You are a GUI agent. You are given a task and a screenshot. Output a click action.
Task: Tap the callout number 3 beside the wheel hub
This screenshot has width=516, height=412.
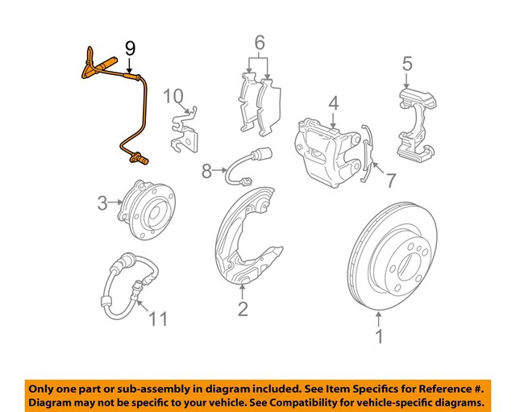tap(102, 203)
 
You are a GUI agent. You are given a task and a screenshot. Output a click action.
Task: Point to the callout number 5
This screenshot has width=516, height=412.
tap(407, 62)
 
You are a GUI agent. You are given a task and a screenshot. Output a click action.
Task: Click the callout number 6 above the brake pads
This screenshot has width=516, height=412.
tap(259, 42)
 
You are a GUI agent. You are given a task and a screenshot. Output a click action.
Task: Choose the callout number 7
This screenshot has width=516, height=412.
tap(389, 181)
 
